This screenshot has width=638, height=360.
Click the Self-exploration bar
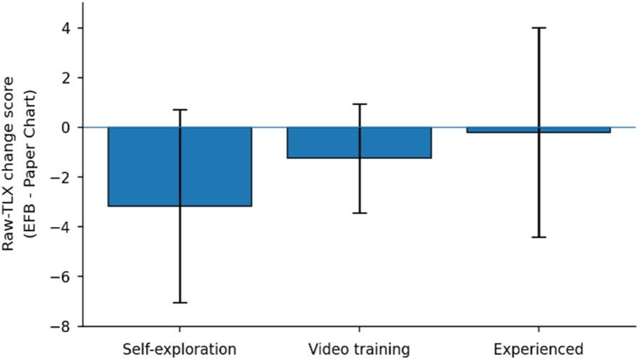[179, 166]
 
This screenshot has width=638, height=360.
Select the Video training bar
[359, 142]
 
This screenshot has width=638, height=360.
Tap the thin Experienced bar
[539, 130]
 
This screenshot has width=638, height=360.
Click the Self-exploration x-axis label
[179, 349]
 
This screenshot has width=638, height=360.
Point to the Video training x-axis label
[359, 349]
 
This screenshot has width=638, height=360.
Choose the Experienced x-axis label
[539, 349]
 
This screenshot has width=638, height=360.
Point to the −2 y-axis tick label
[61, 177]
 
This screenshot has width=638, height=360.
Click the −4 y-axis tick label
[61, 227]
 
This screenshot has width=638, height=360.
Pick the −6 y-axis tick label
[61, 277]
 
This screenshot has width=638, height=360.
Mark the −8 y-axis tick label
[61, 326]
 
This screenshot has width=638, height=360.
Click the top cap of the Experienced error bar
[539, 28]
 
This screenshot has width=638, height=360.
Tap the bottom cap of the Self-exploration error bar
[179, 303]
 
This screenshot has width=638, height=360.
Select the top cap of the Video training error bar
[359, 104]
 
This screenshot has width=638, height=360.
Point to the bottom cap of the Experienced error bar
[539, 237]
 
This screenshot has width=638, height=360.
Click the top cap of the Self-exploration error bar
[179, 110]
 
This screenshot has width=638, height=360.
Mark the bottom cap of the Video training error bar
[359, 213]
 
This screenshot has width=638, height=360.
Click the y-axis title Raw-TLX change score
[8, 163]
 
